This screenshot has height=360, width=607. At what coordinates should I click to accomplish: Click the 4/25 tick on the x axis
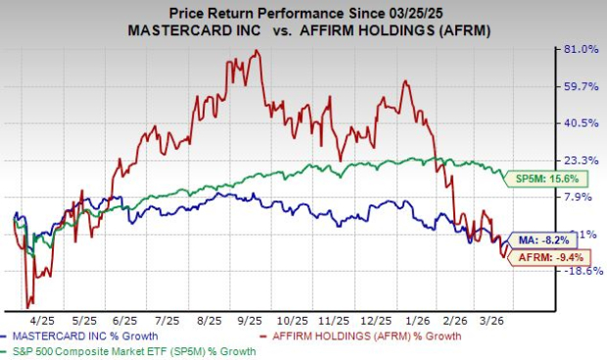[x=44, y=319]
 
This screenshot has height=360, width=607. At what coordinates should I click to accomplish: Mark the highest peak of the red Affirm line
[x=257, y=51]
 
